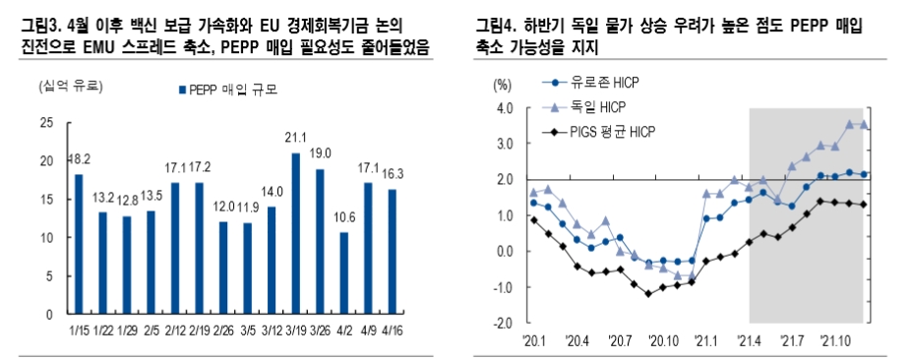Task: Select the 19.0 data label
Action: pyautogui.click(x=320, y=154)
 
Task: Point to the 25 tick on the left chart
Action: pyautogui.click(x=46, y=122)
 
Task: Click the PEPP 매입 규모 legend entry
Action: pyautogui.click(x=229, y=90)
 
